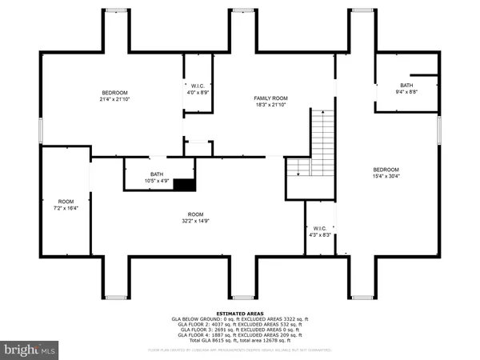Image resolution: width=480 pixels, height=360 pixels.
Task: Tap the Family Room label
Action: (x=248, y=98)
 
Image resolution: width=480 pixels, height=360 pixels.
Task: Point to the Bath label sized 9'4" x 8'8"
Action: (x=407, y=86)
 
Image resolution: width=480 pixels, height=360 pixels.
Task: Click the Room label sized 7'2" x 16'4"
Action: (x=66, y=201)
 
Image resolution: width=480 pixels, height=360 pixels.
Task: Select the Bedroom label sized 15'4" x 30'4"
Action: (x=386, y=170)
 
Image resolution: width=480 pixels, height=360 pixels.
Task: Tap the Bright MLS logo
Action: (x=29, y=349)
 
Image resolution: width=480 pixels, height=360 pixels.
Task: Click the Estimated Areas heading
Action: (x=239, y=314)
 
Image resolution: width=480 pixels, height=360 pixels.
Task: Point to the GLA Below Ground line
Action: (x=239, y=319)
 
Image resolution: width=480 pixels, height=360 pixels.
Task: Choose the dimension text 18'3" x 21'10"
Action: (x=248, y=105)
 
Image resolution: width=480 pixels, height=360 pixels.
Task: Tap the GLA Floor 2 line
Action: (x=239, y=325)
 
